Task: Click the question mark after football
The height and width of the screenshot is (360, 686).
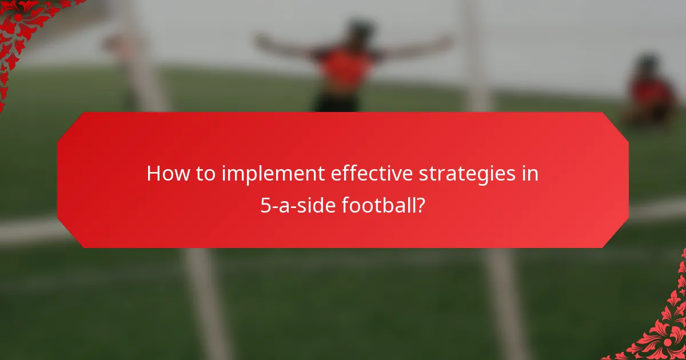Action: coord(421,205)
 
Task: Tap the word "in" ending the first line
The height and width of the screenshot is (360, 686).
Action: coord(530,174)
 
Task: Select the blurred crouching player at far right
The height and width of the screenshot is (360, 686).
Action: coord(652,94)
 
